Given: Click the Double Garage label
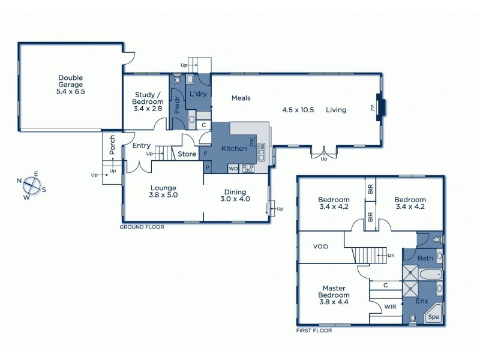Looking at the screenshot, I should [70, 85].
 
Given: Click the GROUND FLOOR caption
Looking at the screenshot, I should [142, 227].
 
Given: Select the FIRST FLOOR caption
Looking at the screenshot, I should [314, 330].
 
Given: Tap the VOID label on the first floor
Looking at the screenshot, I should [322, 247].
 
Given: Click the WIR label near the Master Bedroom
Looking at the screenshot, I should [390, 307].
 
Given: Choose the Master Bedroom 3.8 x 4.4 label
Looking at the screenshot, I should [334, 295].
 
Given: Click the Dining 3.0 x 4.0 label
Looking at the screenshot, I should [235, 195].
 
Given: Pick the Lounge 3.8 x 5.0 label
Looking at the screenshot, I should [163, 191].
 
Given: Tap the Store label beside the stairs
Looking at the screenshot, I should [187, 154].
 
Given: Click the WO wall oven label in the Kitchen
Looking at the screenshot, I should [233, 168].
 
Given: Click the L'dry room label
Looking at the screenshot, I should [199, 95].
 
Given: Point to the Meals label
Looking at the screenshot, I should [241, 98].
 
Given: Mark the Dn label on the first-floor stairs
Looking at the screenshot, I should [391, 256].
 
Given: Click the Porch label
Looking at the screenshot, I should [112, 144].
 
